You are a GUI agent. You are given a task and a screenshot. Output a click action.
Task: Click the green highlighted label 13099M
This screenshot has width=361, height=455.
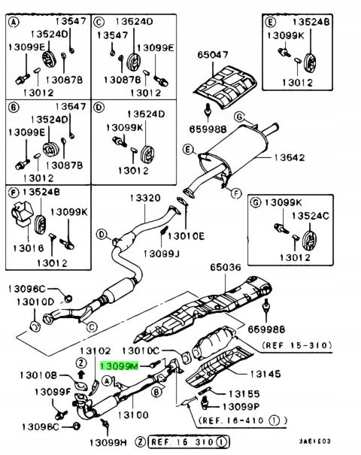[x=120, y=365]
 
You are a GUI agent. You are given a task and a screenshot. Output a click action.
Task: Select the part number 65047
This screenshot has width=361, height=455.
[x=213, y=55]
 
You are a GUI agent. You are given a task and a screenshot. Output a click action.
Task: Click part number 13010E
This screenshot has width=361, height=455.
[x=185, y=235]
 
